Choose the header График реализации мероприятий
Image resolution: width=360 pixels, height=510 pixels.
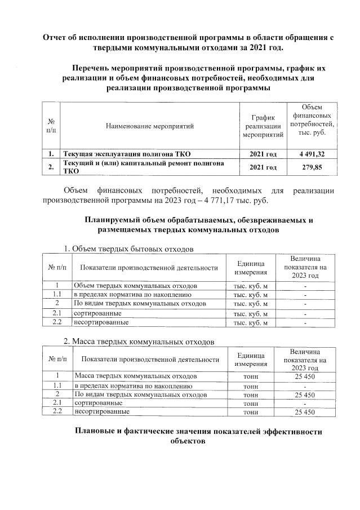[x=263, y=126]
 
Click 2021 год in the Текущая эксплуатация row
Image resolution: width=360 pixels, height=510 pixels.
[x=263, y=153]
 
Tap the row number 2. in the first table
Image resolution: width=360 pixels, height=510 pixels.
[x=51, y=167]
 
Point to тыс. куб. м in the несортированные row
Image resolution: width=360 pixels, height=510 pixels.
[x=250, y=322]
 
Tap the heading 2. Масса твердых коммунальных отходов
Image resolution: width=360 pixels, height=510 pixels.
[x=139, y=342]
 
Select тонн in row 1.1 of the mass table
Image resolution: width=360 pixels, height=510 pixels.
[x=250, y=385]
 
